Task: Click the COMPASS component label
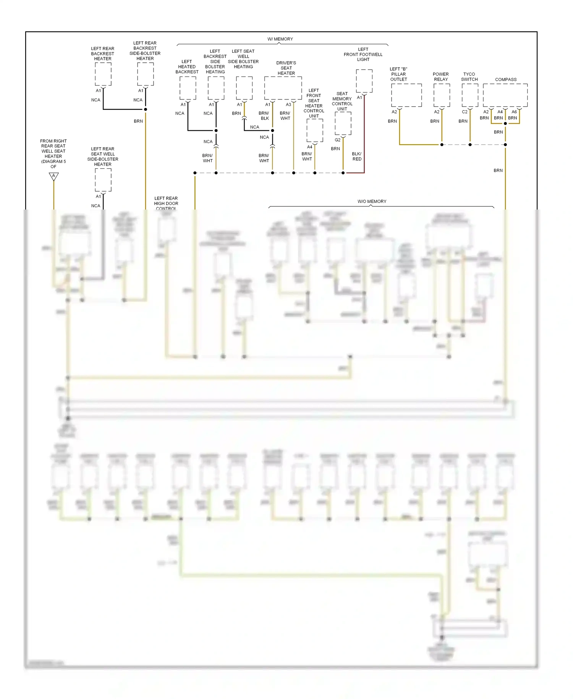[505, 80]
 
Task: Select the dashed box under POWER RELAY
[442, 95]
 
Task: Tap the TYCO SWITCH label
[469, 77]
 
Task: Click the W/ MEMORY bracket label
[280, 39]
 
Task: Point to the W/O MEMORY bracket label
[372, 202]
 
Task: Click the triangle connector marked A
[53, 176]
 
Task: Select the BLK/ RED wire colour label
[357, 156]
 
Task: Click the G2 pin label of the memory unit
[337, 140]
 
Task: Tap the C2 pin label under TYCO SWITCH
[465, 112]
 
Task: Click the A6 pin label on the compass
[514, 112]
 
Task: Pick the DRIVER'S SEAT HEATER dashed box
[283, 88]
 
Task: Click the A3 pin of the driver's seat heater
[288, 105]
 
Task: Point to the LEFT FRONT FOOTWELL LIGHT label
[363, 54]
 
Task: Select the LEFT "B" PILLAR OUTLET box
[406, 95]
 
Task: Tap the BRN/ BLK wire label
[264, 116]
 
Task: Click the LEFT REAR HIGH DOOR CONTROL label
[166, 203]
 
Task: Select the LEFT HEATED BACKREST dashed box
[188, 88]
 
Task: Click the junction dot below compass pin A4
[505, 124]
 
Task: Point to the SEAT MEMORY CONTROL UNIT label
[342, 101]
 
